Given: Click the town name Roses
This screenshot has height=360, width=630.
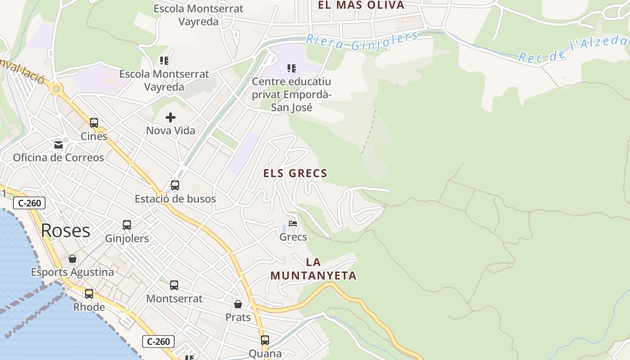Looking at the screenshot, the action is (x=66, y=230).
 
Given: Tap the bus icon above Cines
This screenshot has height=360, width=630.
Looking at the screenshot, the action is (x=94, y=122).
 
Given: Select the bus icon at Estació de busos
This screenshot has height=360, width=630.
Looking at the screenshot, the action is (x=175, y=185).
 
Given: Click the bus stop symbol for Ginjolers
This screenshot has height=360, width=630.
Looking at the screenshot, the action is (x=127, y=225).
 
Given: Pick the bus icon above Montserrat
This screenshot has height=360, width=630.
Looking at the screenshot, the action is (x=174, y=285).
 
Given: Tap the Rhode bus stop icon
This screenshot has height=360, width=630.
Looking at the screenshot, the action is (x=89, y=294).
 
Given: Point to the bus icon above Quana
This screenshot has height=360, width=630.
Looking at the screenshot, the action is (x=265, y=340).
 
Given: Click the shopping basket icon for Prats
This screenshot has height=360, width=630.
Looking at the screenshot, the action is (x=238, y=305).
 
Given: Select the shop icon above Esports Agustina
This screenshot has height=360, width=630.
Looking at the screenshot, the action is (x=72, y=259).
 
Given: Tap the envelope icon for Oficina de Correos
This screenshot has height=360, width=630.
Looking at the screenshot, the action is (x=58, y=144).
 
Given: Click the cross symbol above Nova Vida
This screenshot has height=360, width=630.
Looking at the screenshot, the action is (x=171, y=118).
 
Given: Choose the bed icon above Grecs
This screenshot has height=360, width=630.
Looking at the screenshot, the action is (x=293, y=224).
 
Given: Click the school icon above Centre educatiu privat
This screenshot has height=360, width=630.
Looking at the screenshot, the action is (x=292, y=68).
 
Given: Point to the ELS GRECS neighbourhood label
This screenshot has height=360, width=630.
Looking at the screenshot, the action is (x=295, y=173).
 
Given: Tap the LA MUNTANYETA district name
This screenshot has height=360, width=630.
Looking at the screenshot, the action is (x=313, y=269).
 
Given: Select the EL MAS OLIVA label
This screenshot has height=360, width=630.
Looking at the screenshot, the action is (x=361, y=5).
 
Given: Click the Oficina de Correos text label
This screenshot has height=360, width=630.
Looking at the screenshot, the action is (x=58, y=157).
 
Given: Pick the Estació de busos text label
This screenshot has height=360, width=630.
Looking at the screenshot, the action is (x=175, y=198).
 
